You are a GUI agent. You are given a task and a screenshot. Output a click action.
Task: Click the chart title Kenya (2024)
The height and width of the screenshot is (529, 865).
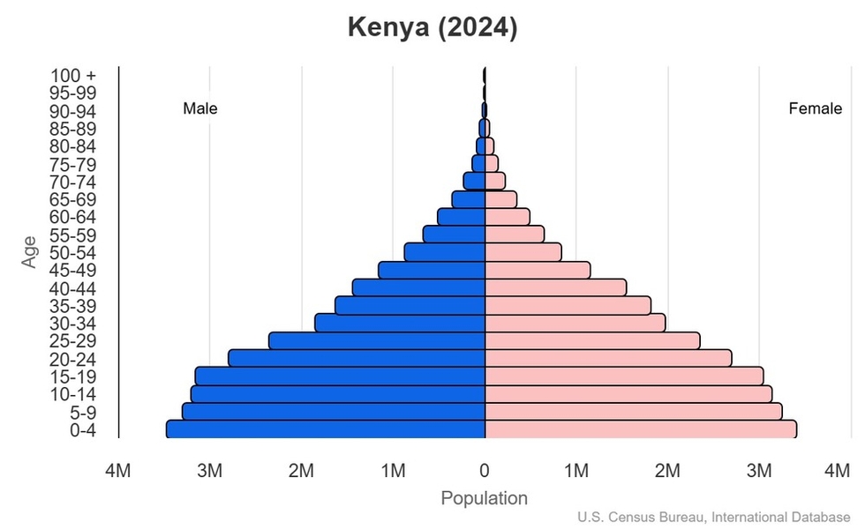click(x=432, y=27)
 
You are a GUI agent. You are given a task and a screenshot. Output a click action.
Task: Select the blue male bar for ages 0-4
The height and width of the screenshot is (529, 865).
click(x=326, y=429)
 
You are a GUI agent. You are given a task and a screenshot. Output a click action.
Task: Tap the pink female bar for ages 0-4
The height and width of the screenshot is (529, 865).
click(x=641, y=429)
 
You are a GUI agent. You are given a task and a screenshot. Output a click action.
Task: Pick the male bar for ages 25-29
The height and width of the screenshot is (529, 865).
click(x=377, y=341)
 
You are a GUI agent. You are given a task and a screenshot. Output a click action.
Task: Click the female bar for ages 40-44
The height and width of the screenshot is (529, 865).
click(x=555, y=287)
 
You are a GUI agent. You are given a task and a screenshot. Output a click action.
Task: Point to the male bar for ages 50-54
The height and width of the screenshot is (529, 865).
click(x=445, y=252)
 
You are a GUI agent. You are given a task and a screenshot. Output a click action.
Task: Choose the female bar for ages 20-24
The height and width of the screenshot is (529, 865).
click(x=608, y=358)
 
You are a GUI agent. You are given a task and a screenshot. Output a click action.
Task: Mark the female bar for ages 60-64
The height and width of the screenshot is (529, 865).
click(x=508, y=217)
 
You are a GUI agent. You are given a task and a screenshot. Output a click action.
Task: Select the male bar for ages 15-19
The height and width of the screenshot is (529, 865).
click(x=341, y=376)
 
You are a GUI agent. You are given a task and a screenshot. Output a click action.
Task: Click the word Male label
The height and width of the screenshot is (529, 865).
click(x=199, y=109)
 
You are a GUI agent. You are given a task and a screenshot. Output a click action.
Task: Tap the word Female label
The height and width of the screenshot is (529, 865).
click(x=815, y=109)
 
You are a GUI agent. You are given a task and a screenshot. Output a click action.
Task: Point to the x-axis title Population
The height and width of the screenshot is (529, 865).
click(x=484, y=498)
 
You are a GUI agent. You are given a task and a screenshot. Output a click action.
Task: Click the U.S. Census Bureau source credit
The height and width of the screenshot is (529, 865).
click(x=714, y=517)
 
